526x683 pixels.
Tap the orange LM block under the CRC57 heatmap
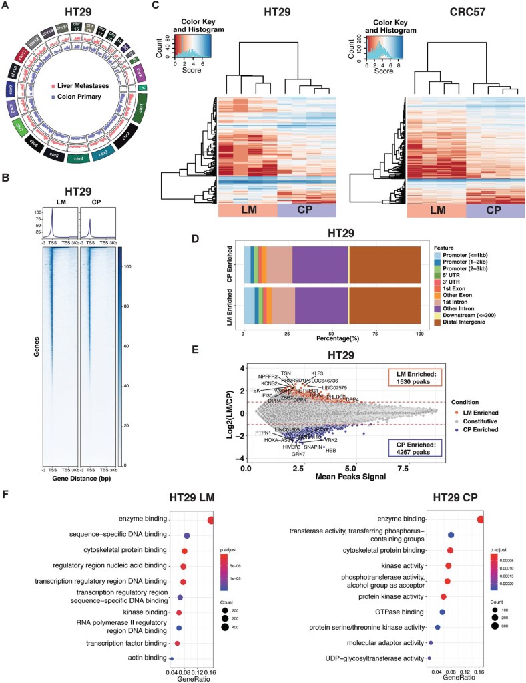[x=435, y=209]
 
